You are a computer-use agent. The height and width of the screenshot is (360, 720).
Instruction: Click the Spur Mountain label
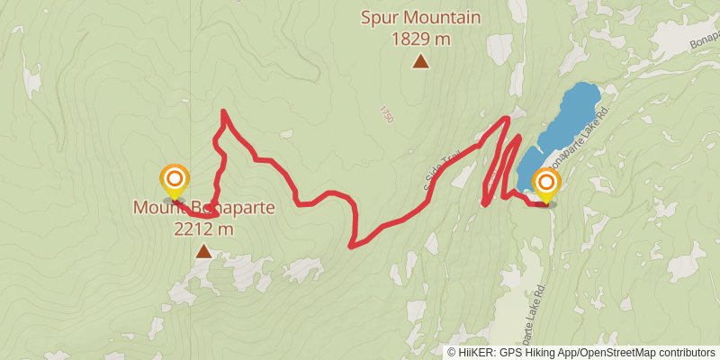[x=420, y=17]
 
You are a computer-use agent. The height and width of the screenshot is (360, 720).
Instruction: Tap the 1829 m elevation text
[x=420, y=39]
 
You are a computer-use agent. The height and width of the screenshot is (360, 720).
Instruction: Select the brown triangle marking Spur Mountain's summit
[x=420, y=61]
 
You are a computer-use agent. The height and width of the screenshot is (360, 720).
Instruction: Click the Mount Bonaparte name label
[x=204, y=208]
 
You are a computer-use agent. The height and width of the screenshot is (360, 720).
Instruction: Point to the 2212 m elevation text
[x=204, y=229]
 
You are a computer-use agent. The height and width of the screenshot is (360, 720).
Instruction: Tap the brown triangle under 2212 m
[x=204, y=252]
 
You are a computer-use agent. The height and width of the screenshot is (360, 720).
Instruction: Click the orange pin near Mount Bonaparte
[x=173, y=180]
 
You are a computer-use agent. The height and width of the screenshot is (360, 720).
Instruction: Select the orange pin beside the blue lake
[x=545, y=184]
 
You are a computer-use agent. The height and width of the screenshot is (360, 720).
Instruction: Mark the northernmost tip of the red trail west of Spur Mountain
[x=222, y=111]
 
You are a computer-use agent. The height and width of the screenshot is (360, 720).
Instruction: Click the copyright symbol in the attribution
[x=452, y=352]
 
